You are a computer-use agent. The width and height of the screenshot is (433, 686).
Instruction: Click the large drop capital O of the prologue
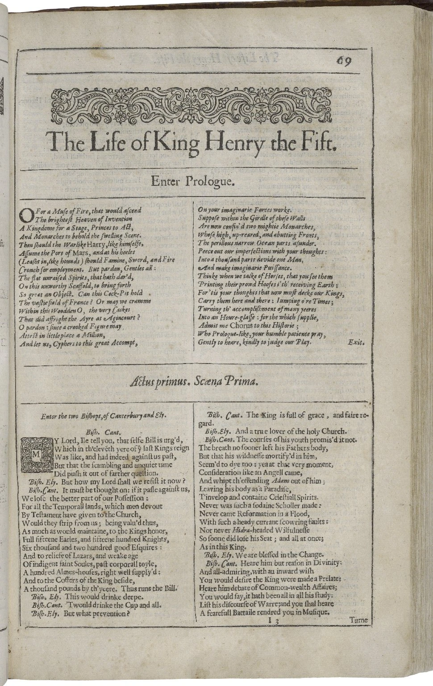click(26, 216)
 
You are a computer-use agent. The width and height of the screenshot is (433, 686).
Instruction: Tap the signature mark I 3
click(274, 620)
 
